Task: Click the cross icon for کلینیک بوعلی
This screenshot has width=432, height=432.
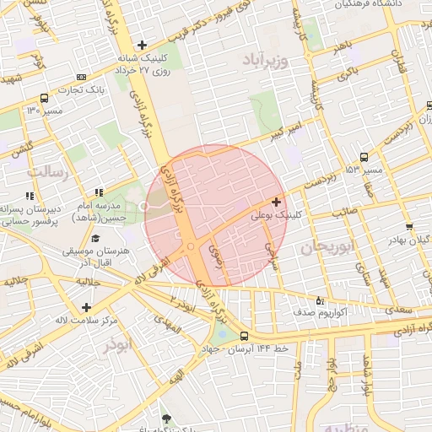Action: [277, 202]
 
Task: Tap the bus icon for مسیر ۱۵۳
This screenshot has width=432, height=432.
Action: [364, 157]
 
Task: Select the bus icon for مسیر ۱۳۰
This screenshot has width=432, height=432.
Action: [44, 98]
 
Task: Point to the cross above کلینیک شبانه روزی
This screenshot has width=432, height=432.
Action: [142, 46]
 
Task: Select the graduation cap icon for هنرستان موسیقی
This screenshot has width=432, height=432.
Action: [95, 239]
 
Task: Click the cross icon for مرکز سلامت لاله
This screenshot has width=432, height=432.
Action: [86, 307]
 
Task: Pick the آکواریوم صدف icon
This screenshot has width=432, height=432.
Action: [318, 300]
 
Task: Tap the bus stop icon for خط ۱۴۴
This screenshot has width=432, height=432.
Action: [244, 335]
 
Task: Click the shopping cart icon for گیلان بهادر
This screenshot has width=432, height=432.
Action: [408, 227]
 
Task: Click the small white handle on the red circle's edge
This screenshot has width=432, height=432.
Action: [145, 206]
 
